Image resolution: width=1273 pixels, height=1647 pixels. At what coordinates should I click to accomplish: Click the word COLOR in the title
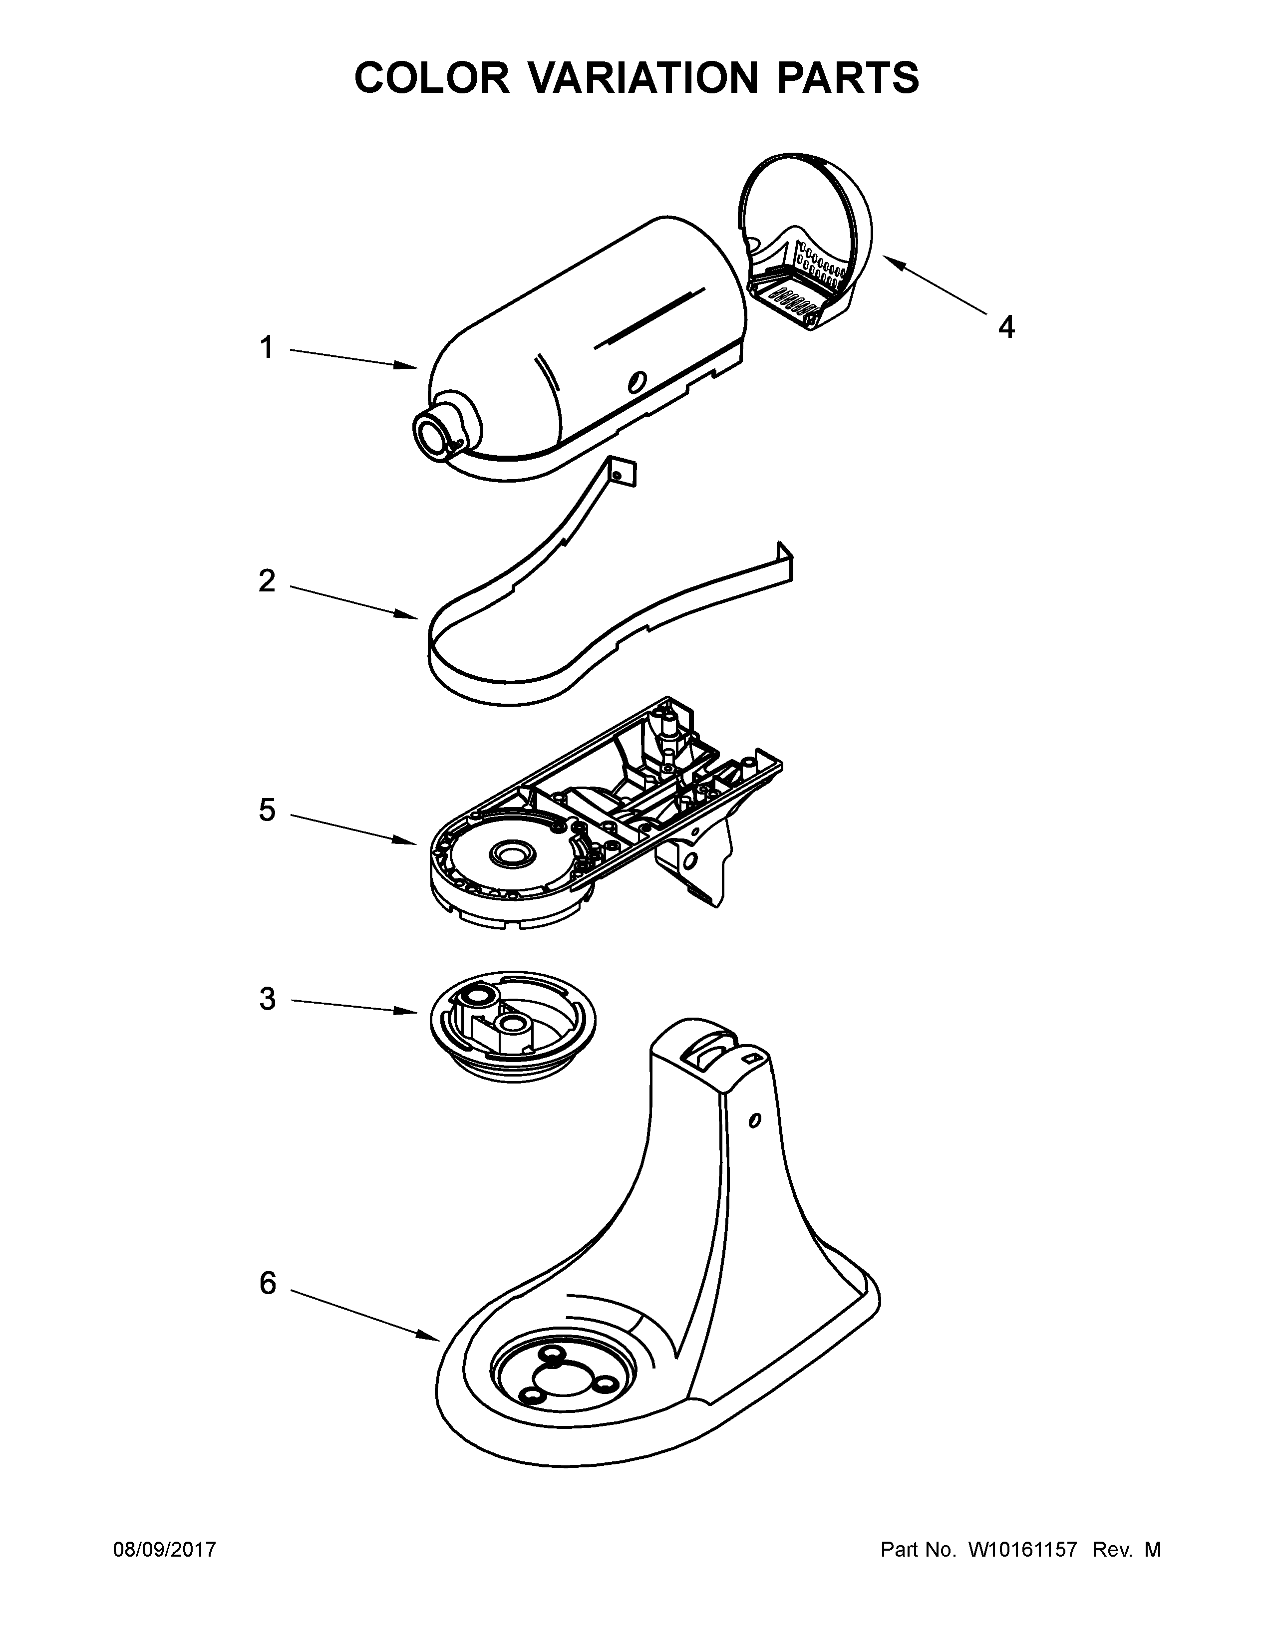click(432, 78)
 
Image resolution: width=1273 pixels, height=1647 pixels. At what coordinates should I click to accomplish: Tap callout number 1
click(266, 348)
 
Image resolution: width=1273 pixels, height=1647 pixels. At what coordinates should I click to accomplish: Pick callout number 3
click(267, 999)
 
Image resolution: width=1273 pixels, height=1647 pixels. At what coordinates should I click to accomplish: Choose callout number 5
click(267, 811)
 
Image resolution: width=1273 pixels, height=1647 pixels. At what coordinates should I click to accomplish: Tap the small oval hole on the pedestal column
click(753, 1141)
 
